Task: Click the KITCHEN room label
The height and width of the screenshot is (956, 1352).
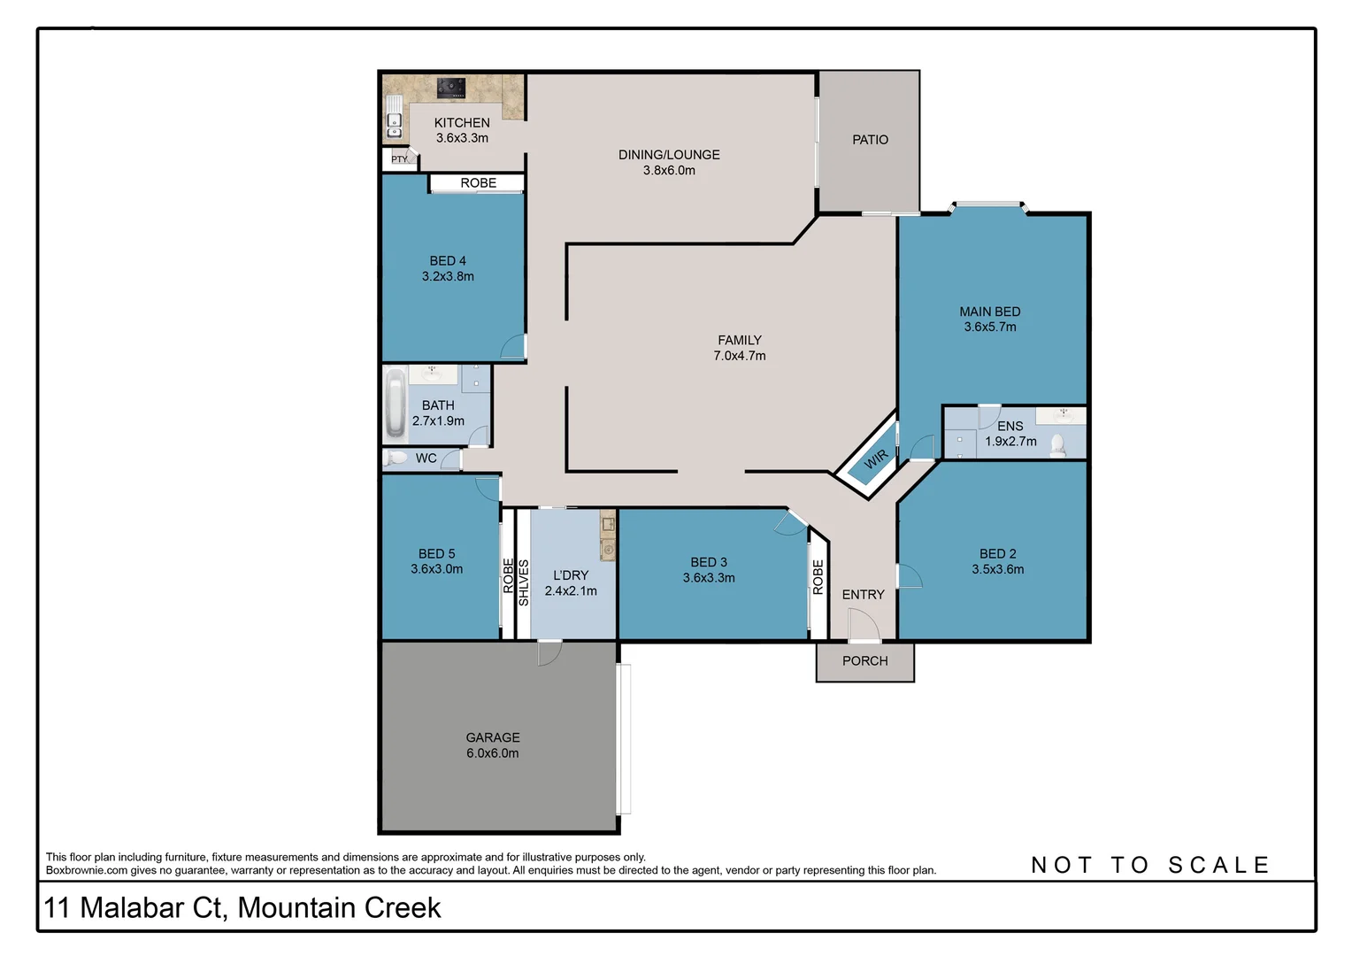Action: point(461,123)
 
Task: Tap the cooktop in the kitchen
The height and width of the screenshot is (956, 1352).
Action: point(451,87)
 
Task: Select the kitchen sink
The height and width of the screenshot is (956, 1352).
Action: point(394,125)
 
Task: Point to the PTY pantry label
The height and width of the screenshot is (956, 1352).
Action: point(400,159)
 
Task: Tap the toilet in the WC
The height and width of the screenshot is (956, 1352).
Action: point(396,458)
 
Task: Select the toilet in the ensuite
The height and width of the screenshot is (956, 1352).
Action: point(1057,444)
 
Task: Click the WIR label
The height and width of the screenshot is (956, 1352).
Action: point(875,459)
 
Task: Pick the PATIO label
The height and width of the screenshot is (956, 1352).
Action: point(870,140)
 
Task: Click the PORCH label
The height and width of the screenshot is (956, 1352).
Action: point(864,661)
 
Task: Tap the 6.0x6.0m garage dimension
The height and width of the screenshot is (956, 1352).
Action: point(493,753)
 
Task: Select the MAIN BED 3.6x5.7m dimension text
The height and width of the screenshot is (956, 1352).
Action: point(990,327)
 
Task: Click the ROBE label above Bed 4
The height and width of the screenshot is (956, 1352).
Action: point(478,183)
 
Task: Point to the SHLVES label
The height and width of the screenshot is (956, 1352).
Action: point(523,582)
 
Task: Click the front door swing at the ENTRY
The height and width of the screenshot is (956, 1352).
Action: point(863,626)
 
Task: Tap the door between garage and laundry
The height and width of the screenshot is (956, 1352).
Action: point(549,652)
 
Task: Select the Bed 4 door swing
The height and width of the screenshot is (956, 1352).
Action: point(514,346)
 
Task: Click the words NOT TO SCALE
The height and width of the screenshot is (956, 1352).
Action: point(1150,865)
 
